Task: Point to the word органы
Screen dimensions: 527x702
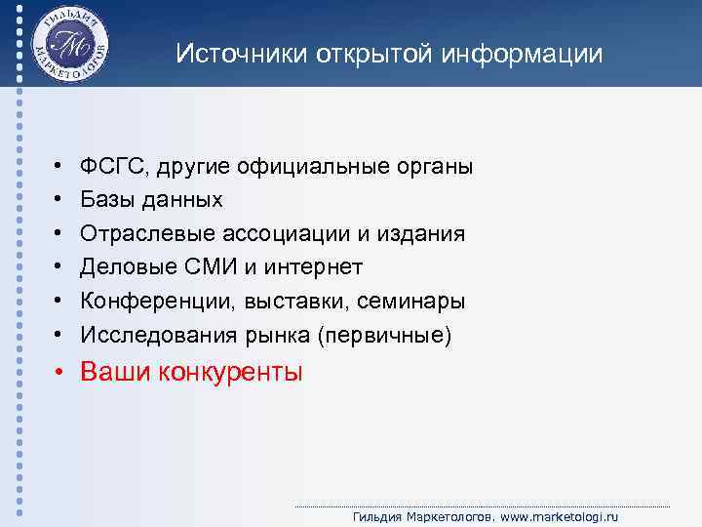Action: click(436, 167)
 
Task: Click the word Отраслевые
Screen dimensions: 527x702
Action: click(138, 234)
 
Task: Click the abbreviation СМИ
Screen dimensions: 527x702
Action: click(195, 267)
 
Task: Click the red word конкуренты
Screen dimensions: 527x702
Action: click(237, 372)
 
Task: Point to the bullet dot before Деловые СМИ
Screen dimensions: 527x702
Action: click(59, 267)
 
